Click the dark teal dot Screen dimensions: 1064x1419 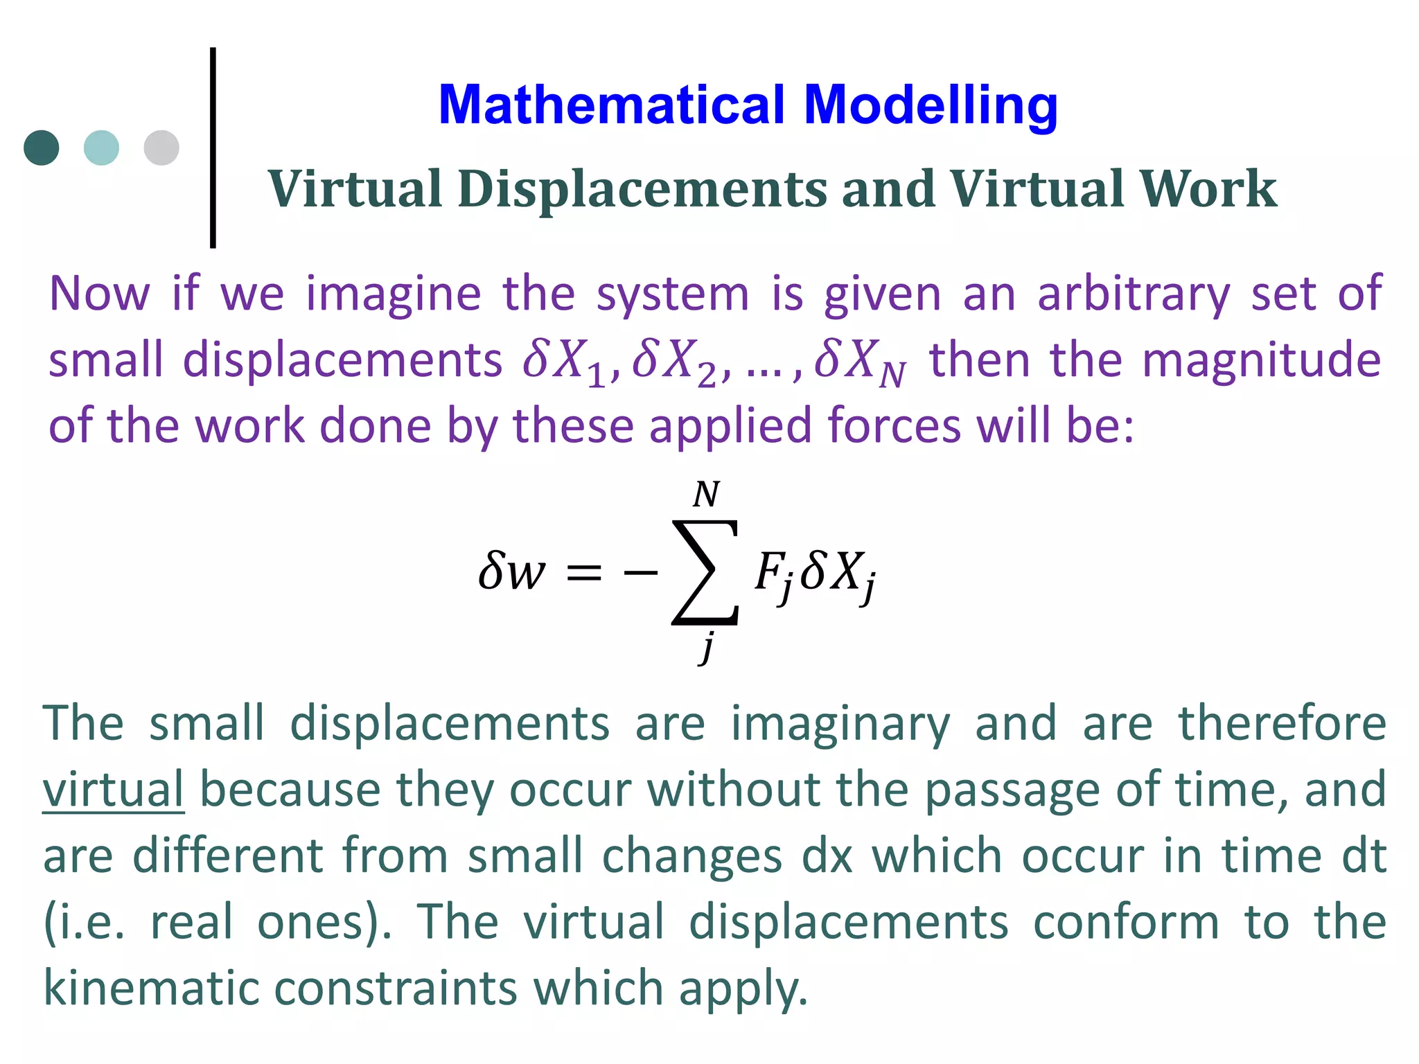coord(42,148)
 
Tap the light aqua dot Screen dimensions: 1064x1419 coord(101,148)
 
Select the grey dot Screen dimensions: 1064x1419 coord(161,148)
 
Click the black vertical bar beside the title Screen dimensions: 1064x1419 coord(213,147)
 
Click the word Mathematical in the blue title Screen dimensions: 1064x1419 coord(612,105)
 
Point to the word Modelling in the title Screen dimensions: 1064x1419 coord(931,105)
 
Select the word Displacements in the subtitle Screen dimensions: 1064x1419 coord(642,189)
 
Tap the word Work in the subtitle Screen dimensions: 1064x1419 coord(1208,189)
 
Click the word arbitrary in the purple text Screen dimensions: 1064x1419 coord(1133,294)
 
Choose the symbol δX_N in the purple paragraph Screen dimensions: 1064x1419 coord(860,362)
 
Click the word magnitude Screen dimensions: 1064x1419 coord(1261,360)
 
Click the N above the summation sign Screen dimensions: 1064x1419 coord(706,495)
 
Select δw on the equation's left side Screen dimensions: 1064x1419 coord(511,572)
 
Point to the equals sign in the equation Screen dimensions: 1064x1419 coord(583,574)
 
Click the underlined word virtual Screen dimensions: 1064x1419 coord(113,790)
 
